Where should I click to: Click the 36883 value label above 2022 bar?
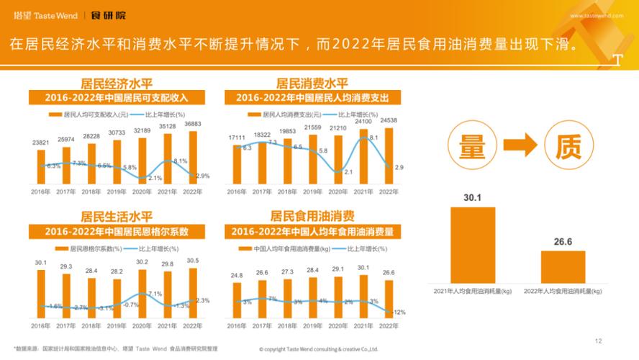coord(192,124)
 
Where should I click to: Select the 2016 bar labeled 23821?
coord(41,166)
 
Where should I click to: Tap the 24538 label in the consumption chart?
coord(389,120)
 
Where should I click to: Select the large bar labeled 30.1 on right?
coord(472,245)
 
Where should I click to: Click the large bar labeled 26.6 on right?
coord(563,266)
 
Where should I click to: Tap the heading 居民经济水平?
coord(116,84)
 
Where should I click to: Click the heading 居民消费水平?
coord(312,84)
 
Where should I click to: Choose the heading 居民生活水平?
coord(116,216)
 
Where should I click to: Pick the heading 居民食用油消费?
coord(312,216)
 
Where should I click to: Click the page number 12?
coord(598,341)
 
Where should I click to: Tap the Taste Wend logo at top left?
coord(45,14)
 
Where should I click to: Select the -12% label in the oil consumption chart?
coord(399,312)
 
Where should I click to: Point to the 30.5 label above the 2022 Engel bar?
coord(192,261)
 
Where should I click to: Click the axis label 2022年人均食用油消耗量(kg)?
coord(563,291)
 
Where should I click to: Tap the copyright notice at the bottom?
coord(319,349)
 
